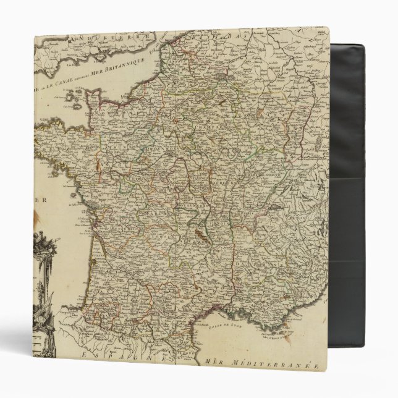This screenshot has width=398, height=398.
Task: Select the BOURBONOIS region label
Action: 188,201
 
